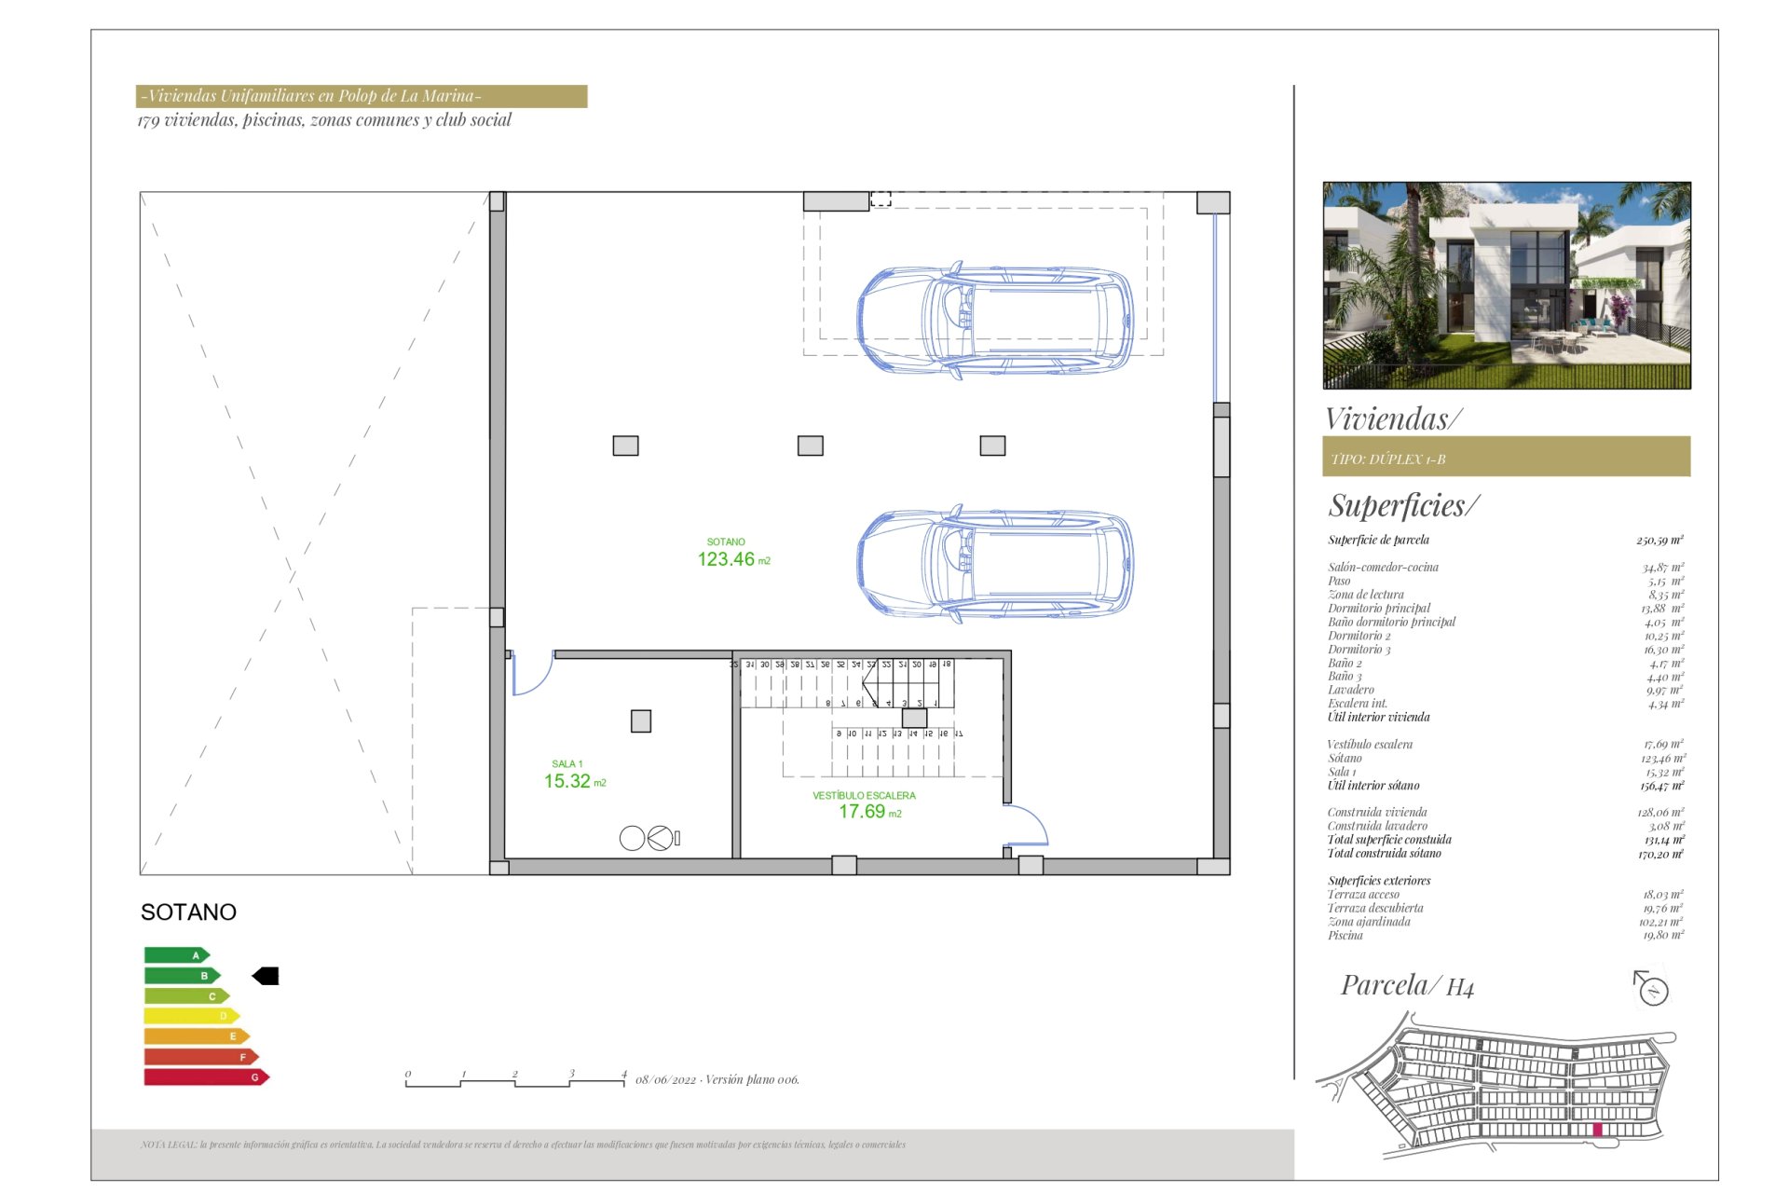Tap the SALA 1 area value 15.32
(x=568, y=781)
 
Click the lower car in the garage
(x=995, y=565)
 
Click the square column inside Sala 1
(x=641, y=720)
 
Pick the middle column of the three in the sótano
(x=810, y=446)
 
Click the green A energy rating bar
(x=176, y=954)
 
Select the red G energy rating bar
(x=205, y=1077)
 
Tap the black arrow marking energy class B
(x=266, y=976)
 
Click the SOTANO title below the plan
(x=188, y=912)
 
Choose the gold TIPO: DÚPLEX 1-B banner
(x=1506, y=458)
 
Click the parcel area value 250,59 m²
(x=1659, y=540)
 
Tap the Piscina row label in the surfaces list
(x=1345, y=935)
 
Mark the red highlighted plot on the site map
(x=1597, y=1130)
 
